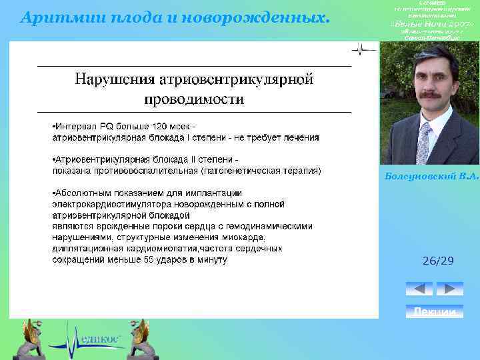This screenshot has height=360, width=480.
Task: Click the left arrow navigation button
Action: click(419, 289)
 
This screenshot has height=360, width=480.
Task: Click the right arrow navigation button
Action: click(449, 289)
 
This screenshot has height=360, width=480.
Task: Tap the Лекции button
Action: click(435, 311)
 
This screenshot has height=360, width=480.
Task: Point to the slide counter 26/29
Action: click(438, 261)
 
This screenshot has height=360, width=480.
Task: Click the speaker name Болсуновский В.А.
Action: click(432, 177)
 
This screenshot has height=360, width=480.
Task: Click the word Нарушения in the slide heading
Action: click(113, 81)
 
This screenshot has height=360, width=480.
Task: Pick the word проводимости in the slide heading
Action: click(194, 100)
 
